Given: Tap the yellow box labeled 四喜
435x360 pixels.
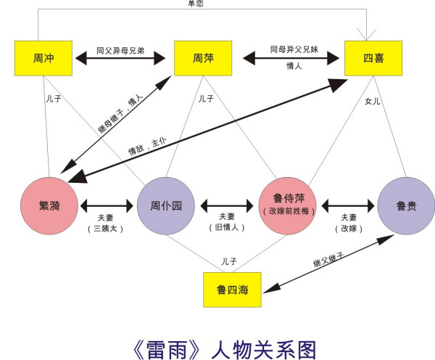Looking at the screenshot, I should coord(373,58).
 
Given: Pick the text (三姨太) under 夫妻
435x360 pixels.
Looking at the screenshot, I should coord(107,228).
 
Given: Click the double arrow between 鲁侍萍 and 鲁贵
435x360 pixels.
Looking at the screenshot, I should coord(349,205).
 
